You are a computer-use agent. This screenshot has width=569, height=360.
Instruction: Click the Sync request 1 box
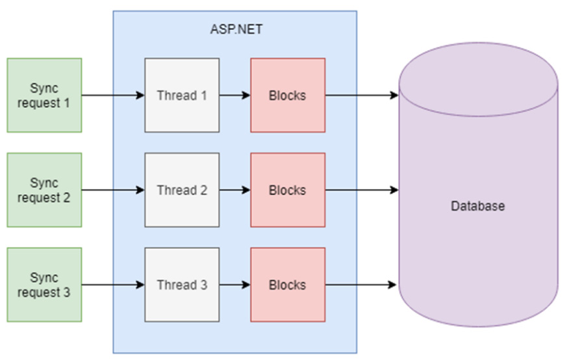pyautogui.click(x=44, y=96)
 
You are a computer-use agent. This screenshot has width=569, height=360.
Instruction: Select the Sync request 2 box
pyautogui.click(x=44, y=190)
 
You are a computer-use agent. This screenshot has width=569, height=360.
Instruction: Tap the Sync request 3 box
pyautogui.click(x=44, y=285)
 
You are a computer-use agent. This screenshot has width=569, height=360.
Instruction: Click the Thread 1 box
pyautogui.click(x=182, y=96)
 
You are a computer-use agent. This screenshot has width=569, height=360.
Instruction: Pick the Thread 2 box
pyautogui.click(x=182, y=190)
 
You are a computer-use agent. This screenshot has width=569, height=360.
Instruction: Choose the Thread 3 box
pyautogui.click(x=182, y=285)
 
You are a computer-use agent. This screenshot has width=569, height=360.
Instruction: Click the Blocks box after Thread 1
pyautogui.click(x=288, y=96)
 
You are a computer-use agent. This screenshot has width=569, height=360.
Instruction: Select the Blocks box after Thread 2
pyautogui.click(x=288, y=190)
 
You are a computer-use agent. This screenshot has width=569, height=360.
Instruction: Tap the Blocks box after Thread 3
pyautogui.click(x=288, y=285)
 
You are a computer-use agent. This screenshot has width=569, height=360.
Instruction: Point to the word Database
pyautogui.click(x=477, y=207)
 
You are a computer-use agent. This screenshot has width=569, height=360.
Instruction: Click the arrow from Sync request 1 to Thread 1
pyautogui.click(x=113, y=96)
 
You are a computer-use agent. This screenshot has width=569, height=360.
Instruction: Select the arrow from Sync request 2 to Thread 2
pyautogui.click(x=113, y=190)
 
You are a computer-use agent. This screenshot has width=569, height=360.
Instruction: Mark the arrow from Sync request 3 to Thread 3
pyautogui.click(x=113, y=285)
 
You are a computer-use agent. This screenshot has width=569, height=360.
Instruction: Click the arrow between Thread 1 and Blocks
pyautogui.click(x=234, y=96)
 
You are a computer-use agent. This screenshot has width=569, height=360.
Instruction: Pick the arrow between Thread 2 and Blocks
pyautogui.click(x=234, y=190)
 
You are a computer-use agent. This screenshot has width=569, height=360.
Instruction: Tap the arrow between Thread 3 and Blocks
pyautogui.click(x=234, y=285)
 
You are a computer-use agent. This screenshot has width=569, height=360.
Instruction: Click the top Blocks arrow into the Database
pyautogui.click(x=361, y=96)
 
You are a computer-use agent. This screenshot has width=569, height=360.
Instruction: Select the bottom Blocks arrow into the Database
pyautogui.click(x=361, y=285)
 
